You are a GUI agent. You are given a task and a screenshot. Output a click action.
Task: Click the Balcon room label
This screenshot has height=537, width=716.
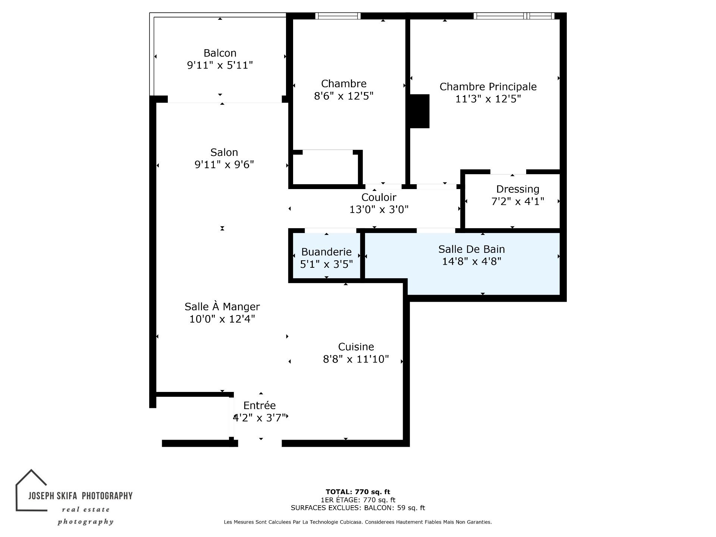220,53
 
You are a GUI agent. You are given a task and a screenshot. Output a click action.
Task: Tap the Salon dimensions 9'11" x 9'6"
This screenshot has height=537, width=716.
224,164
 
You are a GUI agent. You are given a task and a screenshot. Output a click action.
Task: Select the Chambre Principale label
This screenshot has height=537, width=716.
488,87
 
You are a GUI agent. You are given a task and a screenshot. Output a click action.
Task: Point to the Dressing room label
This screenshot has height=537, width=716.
518,189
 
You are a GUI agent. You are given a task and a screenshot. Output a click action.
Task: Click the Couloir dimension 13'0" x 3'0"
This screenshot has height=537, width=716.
379,210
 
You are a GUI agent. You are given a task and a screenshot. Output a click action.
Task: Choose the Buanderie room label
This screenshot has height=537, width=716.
327,252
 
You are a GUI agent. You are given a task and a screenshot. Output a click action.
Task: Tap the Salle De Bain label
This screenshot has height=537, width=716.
472,249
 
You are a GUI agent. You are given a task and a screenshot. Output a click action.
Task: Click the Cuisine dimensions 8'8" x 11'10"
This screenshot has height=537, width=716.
356,359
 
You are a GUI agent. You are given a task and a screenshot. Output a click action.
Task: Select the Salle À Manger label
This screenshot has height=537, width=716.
222,307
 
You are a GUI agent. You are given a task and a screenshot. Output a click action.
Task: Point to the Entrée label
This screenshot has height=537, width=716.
260,405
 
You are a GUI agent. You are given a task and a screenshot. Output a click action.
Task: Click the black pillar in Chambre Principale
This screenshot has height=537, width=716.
420,111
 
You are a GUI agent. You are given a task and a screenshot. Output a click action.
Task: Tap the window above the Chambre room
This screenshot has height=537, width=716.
338,16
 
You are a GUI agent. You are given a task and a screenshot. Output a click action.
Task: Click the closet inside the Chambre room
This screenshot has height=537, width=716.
326,167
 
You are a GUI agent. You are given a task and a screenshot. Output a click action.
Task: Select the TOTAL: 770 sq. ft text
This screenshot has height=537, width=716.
358,492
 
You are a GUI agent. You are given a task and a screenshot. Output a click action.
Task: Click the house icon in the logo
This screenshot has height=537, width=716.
31,490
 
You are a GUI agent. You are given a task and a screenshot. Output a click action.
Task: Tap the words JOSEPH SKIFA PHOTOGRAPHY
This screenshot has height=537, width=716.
81,496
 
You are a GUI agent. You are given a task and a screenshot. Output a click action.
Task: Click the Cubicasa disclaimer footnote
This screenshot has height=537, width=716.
358,522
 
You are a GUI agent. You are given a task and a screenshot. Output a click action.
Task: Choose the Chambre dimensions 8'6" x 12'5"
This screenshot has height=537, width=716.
344,96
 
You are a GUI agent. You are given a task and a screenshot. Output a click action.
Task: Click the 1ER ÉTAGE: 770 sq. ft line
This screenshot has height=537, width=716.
358,500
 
